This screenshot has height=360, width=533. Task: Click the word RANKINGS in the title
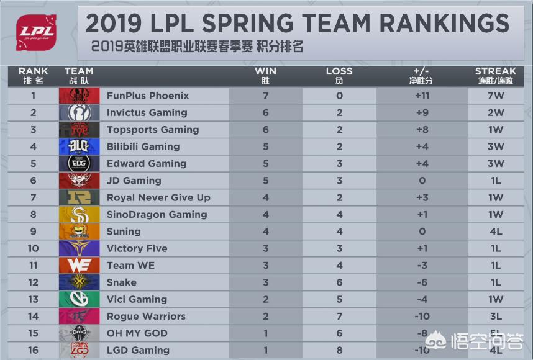click(445, 24)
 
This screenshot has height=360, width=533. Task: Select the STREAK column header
click(495, 71)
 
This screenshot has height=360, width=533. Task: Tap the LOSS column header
click(339, 71)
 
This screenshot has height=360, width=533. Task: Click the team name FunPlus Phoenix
click(148, 96)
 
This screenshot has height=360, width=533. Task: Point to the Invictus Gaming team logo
click(79, 113)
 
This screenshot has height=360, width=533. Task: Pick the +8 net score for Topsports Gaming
click(422, 130)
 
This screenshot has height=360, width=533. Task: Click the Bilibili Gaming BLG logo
click(79, 146)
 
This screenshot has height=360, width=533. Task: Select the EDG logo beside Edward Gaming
click(79, 163)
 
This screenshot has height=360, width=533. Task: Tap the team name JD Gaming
click(134, 181)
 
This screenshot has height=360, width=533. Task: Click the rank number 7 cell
click(34, 197)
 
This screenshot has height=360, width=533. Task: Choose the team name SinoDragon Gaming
click(157, 214)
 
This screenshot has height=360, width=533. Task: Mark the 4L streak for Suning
click(495, 232)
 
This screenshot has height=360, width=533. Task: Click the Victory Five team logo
click(79, 248)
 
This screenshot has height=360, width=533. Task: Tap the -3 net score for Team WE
click(422, 265)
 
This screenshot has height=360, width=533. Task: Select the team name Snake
click(122, 282)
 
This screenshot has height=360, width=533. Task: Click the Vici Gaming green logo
click(79, 299)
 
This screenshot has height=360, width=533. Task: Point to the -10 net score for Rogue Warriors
click(422, 316)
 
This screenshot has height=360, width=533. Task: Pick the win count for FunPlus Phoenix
click(265, 96)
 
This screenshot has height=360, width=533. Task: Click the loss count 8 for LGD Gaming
click(339, 349)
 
